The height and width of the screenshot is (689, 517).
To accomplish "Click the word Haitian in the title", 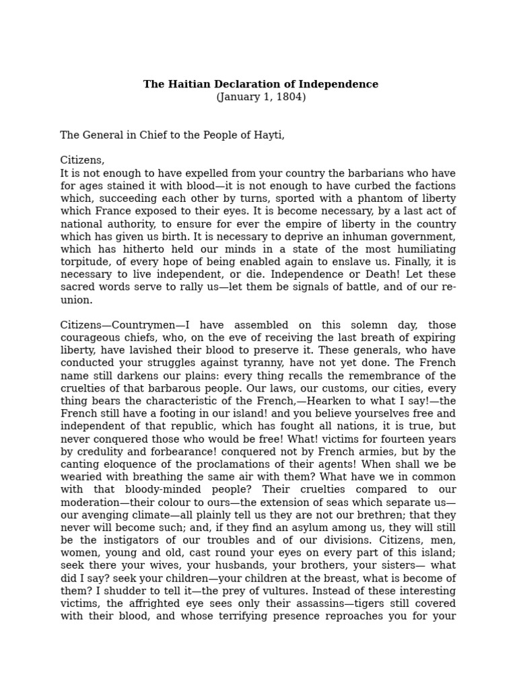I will click(x=186, y=84).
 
